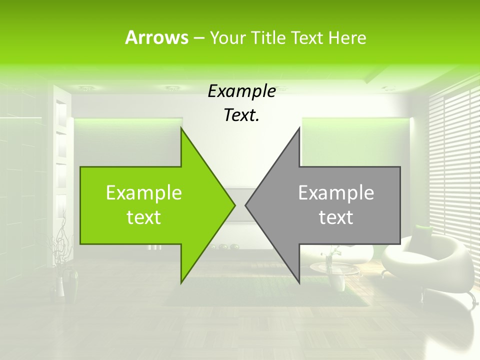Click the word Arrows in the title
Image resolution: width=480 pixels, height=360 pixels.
point(156,37)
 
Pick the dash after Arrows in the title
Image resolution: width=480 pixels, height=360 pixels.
point(198,38)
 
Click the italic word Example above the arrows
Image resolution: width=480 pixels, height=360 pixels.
point(241,91)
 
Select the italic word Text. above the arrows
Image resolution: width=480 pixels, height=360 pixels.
point(241,115)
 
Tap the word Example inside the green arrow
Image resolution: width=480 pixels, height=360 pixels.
point(144,193)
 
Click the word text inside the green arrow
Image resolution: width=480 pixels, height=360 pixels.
point(144,217)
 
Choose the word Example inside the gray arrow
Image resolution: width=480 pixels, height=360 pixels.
point(336,193)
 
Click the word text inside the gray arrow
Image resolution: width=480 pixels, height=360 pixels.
point(336,217)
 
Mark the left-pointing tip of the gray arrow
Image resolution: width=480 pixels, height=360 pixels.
point(246,204)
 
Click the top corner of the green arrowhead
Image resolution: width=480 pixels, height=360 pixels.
point(181,129)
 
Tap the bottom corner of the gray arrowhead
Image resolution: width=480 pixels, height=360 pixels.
point(299,282)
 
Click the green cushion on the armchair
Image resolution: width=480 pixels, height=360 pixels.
point(424,231)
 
